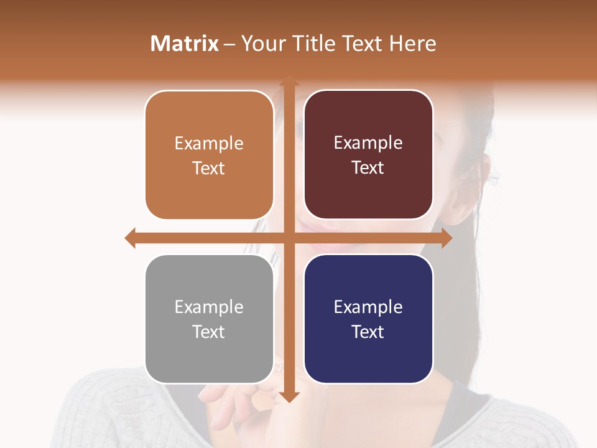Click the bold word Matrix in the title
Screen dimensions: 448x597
tap(185, 44)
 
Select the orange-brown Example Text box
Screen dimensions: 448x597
tap(209, 155)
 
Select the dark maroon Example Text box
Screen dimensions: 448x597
tap(368, 155)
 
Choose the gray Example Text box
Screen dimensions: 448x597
tap(209, 319)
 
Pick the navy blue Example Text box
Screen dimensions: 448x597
tap(368, 319)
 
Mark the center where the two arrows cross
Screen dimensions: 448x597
tap(289, 238)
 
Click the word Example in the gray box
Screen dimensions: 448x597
tap(209, 307)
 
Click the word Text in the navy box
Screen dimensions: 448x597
tap(368, 332)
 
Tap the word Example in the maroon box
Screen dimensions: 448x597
tap(368, 142)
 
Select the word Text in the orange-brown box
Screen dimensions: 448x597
tap(209, 168)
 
